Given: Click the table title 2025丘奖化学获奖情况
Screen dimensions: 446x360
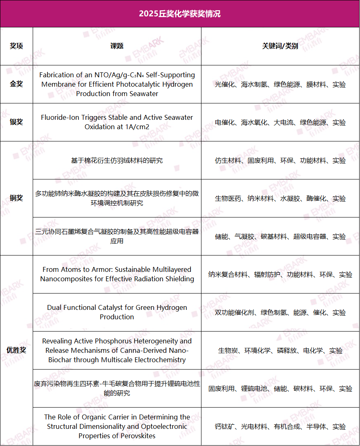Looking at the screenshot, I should click(180, 13).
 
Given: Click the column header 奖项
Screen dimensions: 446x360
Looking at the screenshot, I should click(16, 46).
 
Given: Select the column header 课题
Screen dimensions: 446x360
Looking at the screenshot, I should click(117, 46).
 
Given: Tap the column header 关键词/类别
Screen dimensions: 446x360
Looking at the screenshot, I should click(280, 46).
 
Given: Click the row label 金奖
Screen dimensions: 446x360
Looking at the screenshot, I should click(16, 84).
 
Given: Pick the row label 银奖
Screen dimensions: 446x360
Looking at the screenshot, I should click(16, 122).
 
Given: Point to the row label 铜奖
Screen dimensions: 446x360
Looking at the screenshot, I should click(16, 198).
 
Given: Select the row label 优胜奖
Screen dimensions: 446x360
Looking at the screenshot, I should click(16, 350).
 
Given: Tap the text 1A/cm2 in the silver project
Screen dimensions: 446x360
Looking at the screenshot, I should click(137, 127).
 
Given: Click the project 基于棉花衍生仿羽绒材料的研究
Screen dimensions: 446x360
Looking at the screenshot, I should click(117, 161).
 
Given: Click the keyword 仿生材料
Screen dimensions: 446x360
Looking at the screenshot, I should click(228, 161).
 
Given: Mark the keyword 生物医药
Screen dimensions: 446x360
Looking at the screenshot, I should click(228, 199).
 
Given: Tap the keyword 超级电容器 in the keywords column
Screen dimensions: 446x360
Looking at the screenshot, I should click(310, 237).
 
